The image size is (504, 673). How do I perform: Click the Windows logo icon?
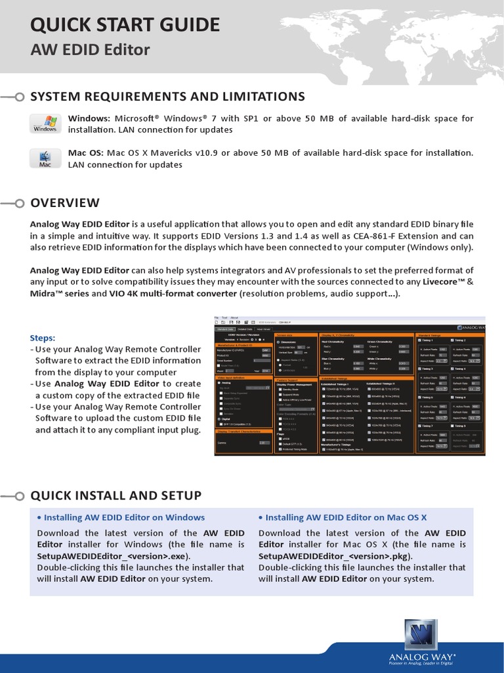coord(45,124)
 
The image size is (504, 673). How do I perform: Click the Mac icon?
coord(45,158)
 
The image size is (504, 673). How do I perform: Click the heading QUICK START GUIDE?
coord(125,25)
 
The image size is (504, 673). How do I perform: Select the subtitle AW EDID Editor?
coord(90,49)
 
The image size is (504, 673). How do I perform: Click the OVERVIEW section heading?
coord(65,202)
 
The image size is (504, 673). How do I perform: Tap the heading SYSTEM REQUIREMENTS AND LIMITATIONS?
coord(167,97)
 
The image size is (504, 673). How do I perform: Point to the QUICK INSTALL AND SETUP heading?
coord(115,495)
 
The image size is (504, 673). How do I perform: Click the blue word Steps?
coord(43,338)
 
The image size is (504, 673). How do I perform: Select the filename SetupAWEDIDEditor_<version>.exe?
coord(113,556)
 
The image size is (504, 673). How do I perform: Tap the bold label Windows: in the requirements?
coord(89,118)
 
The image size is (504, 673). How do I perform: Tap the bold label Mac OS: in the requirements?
coord(85,153)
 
